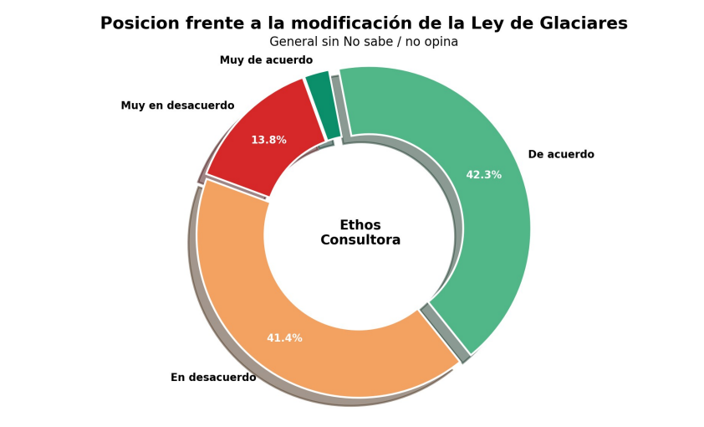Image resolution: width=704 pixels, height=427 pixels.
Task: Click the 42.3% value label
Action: tap(483, 175)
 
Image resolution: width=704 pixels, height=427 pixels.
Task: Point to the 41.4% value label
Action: tap(284, 338)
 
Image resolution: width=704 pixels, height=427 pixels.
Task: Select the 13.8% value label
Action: tap(268, 140)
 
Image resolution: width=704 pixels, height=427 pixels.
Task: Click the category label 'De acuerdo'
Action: tap(561, 155)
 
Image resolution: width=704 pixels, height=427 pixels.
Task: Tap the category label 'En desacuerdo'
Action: tap(213, 378)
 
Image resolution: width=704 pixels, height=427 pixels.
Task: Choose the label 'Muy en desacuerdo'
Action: tap(177, 106)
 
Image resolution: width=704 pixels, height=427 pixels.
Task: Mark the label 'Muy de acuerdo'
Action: tap(266, 60)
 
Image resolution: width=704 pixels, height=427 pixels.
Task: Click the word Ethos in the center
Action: tap(360, 225)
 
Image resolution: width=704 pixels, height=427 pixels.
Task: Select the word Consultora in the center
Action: tap(360, 240)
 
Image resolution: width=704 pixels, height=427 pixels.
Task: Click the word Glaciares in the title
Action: tap(583, 23)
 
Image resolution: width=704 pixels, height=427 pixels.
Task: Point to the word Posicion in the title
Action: tap(139, 23)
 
